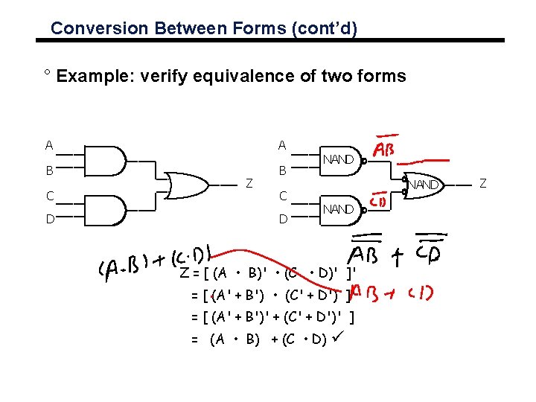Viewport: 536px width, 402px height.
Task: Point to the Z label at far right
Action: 482,183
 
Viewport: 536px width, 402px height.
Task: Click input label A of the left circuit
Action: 48,145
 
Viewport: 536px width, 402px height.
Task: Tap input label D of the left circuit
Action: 48,219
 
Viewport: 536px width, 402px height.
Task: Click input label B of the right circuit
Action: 282,170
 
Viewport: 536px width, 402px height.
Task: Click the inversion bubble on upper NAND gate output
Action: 364,159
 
